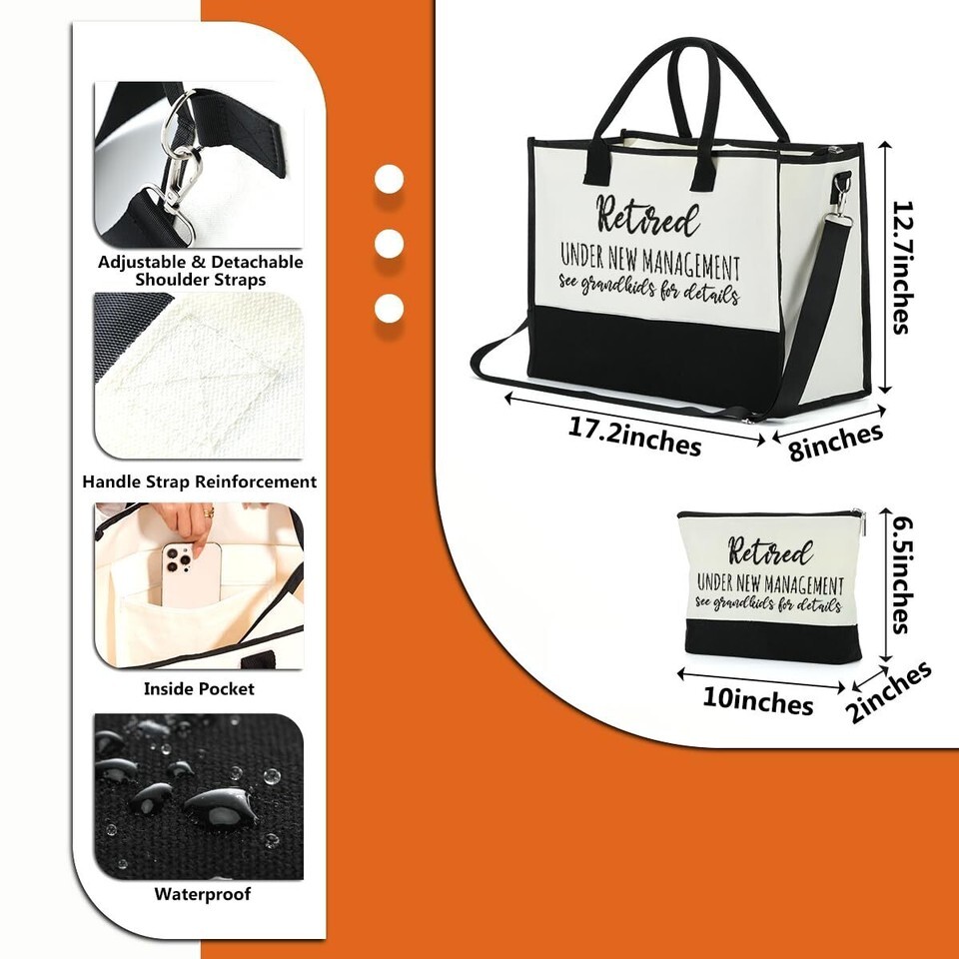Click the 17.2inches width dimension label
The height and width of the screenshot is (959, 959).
[634, 437]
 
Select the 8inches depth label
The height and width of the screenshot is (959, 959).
[835, 441]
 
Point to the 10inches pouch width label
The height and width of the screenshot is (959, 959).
[758, 700]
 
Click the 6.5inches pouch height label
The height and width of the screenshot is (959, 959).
[903, 575]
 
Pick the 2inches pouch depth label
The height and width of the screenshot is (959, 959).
[889, 691]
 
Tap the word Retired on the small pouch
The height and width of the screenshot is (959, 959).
[770, 551]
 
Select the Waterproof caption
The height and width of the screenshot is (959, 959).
[203, 894]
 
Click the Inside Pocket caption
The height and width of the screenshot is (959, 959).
[199, 689]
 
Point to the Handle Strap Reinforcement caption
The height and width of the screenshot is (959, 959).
[200, 481]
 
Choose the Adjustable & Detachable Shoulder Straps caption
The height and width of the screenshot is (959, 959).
[200, 271]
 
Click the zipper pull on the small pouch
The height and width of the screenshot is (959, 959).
[859, 522]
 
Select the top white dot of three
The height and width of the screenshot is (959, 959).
[389, 180]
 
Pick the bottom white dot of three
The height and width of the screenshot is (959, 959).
[389, 308]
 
